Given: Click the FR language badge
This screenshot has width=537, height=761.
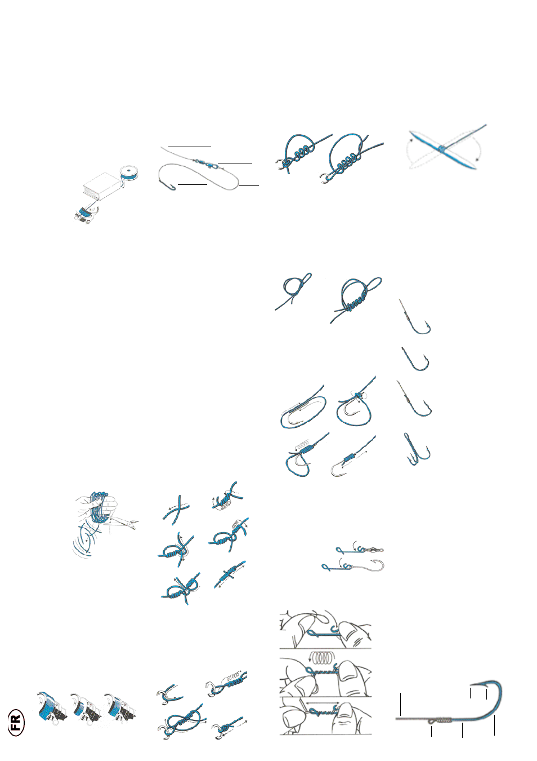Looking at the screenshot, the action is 16,722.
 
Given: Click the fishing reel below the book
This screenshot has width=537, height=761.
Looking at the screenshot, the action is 85,214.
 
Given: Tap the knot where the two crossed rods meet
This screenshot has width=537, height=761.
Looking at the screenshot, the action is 441,148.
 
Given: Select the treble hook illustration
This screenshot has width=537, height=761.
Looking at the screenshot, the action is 417,449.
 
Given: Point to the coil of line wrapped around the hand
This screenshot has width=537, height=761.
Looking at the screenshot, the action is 99,507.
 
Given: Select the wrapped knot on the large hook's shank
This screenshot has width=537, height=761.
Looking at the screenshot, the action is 443,719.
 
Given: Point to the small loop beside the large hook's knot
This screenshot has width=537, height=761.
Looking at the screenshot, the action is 431,720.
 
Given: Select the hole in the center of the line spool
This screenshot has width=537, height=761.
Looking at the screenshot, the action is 128,171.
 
